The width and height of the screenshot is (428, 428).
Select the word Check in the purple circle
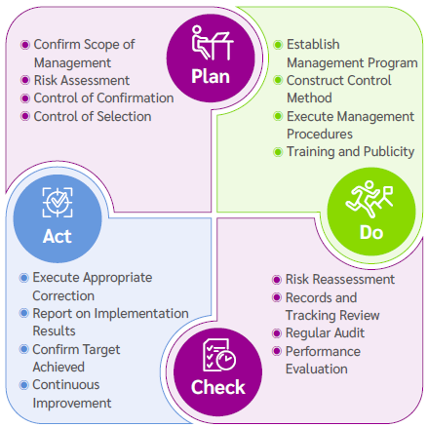pos(217,387)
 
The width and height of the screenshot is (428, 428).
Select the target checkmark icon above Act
pos(58,202)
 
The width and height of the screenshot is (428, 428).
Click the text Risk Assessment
pos(81,80)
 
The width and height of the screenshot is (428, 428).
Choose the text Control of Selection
pos(92,116)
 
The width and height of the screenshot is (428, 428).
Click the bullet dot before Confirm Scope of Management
pos(24,45)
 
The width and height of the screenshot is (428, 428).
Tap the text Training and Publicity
pos(350,151)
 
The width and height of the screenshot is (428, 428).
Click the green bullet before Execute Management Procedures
pos(278,115)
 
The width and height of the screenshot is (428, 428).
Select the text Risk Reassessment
pos(339,280)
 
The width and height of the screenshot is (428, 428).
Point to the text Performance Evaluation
pos(323,360)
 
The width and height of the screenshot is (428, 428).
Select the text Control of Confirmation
pos(103,97)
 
